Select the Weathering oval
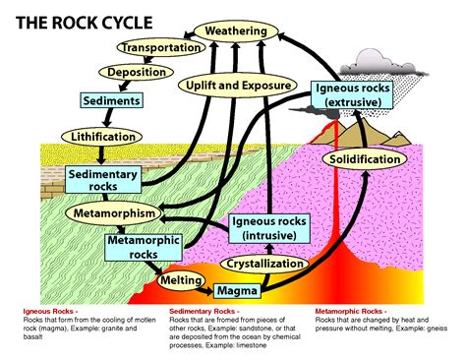pos(236,31)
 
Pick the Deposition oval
pos(130,73)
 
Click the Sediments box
pos(111,100)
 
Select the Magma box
pos(237,290)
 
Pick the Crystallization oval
pos(263,264)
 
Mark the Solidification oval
pos(364,158)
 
